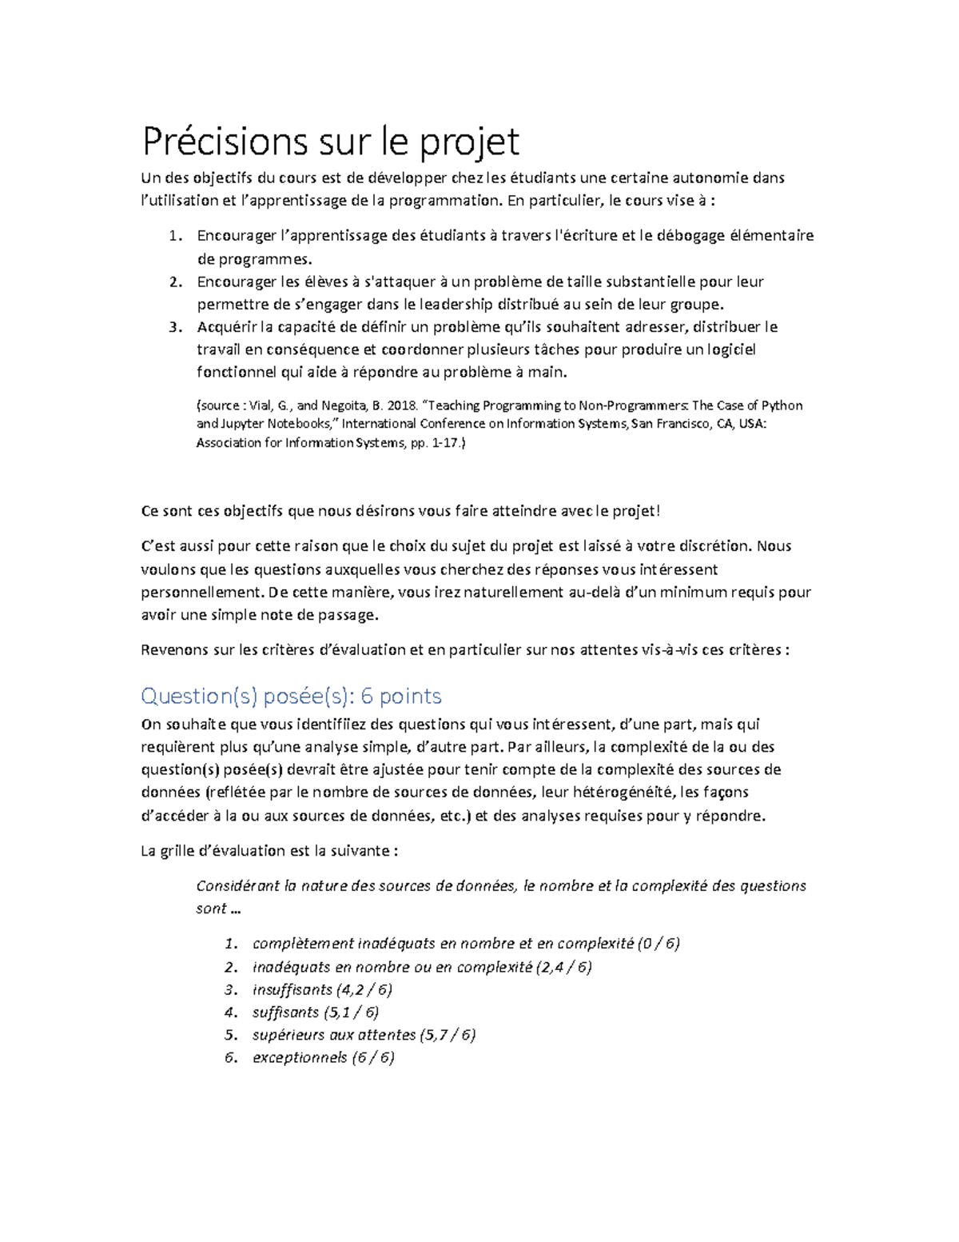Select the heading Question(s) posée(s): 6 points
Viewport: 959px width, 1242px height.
[x=291, y=696]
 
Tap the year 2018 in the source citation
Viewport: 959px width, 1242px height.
[x=402, y=405]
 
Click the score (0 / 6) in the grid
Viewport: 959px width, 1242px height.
[x=659, y=944]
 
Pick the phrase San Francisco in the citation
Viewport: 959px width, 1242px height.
[x=667, y=424]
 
